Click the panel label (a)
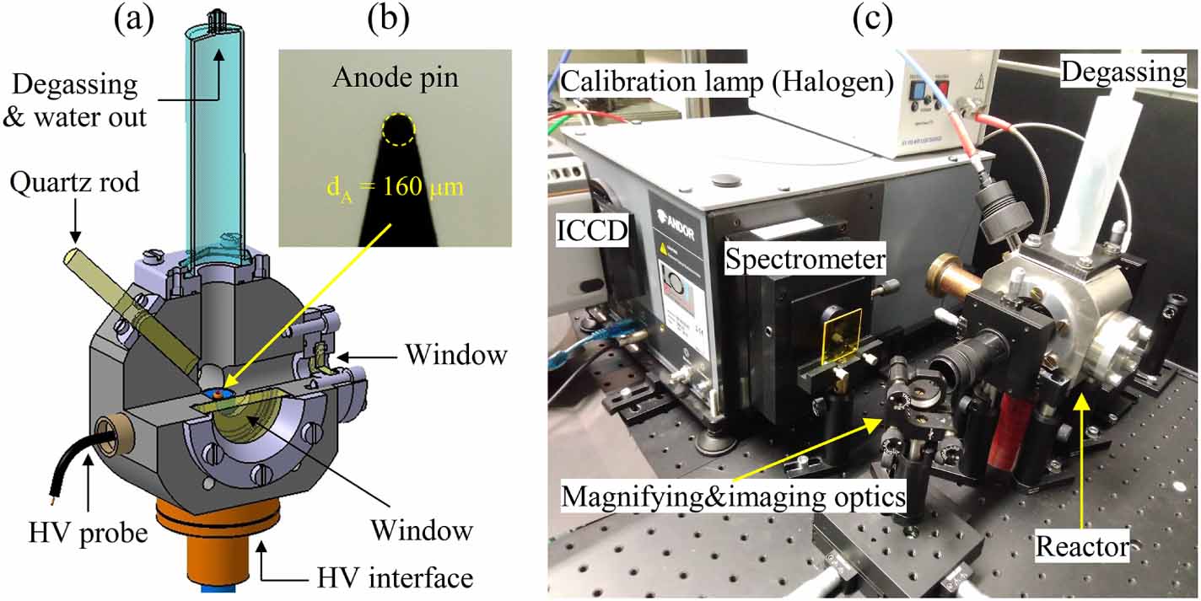tap(134, 19)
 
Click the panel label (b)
tap(389, 19)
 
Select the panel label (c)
tap(873, 19)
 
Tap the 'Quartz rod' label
tap(74, 182)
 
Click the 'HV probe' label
tap(88, 533)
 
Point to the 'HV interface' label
tap(396, 578)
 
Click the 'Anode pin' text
tap(396, 78)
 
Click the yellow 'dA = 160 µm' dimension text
tap(396, 187)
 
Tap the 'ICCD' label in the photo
tap(592, 230)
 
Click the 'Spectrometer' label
tap(805, 260)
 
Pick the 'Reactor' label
tap(1082, 546)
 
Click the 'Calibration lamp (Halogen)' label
tap(726, 82)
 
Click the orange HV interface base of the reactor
tap(218, 541)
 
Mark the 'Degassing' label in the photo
tap(1123, 72)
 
